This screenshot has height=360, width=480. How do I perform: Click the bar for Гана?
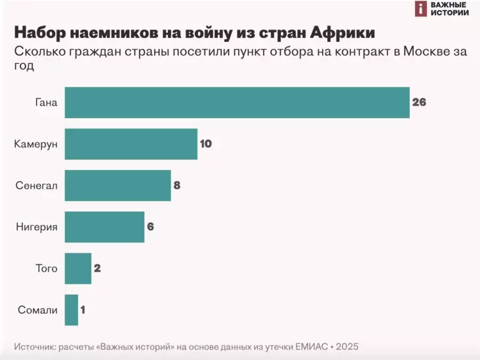[x=237, y=102]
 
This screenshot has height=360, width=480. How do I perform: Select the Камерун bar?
[x=131, y=144]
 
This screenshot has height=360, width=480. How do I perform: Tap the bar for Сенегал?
[x=118, y=186]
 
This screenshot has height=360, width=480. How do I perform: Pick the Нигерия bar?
[x=104, y=227]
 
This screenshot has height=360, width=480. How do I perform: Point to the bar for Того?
[x=78, y=268]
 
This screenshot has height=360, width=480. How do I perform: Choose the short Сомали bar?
[x=71, y=310]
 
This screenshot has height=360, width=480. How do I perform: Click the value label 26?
[x=419, y=102]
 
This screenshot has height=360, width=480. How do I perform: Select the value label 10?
[x=206, y=144]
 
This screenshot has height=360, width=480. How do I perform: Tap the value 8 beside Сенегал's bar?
[x=177, y=186]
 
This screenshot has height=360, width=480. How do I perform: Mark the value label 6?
[x=150, y=227]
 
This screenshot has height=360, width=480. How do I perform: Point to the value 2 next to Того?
[x=97, y=268]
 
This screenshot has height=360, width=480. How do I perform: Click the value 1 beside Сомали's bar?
[x=83, y=310]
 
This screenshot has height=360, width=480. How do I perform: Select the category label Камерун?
[x=36, y=144]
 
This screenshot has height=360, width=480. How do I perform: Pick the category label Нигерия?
[x=37, y=227]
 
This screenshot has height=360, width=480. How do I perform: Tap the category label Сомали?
[x=38, y=310]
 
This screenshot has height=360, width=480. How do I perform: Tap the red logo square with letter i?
[x=420, y=8]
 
